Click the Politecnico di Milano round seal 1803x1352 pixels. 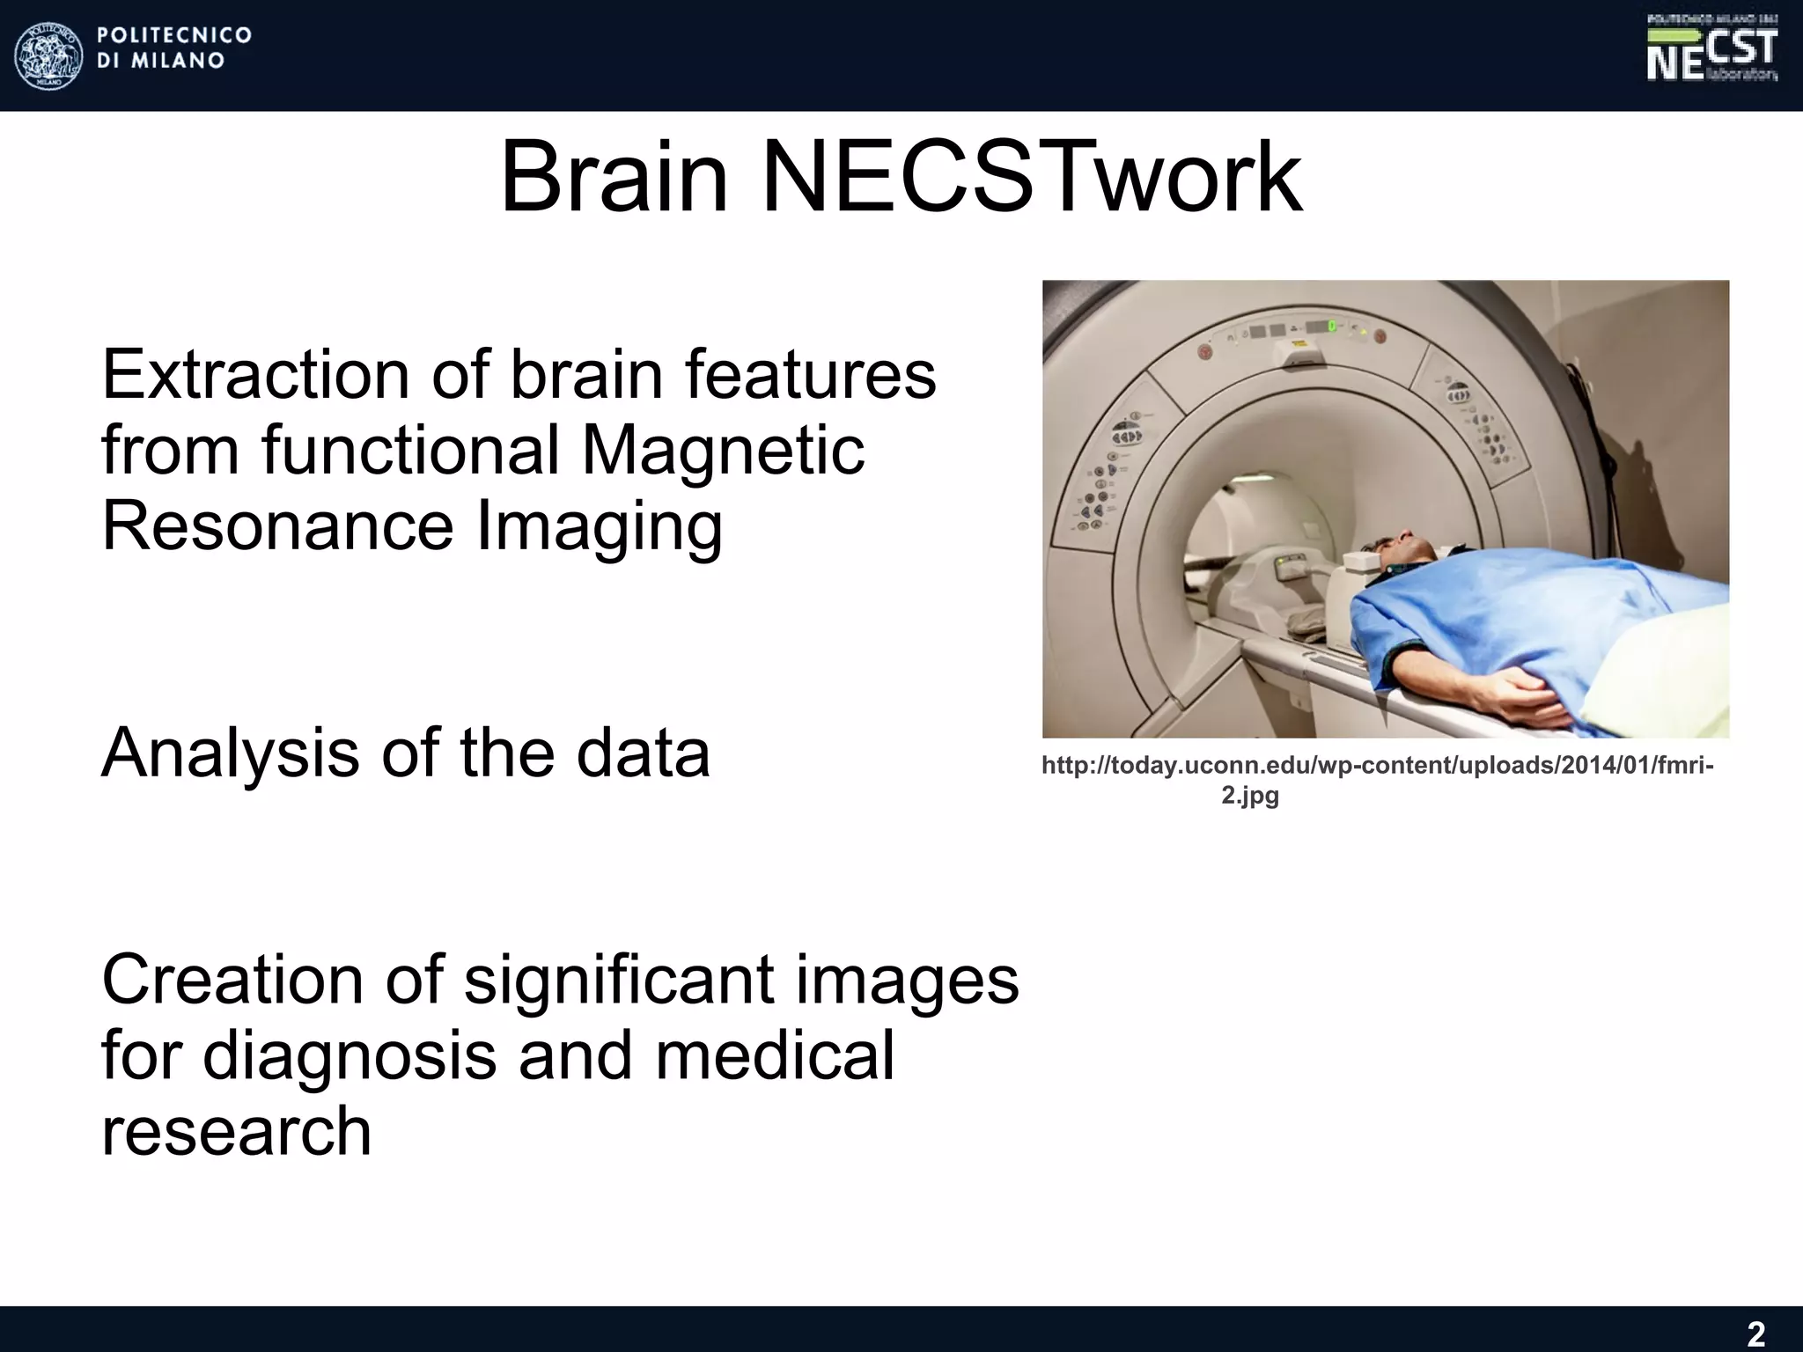coord(49,55)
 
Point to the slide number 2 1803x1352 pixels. coord(1755,1334)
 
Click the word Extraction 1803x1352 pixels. coord(256,375)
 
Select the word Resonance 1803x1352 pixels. coord(277,526)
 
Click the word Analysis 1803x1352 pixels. coord(230,753)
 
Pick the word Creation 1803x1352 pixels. coord(232,980)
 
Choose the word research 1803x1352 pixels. coord(236,1132)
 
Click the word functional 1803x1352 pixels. coord(411,451)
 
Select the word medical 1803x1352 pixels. coord(774,1056)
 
